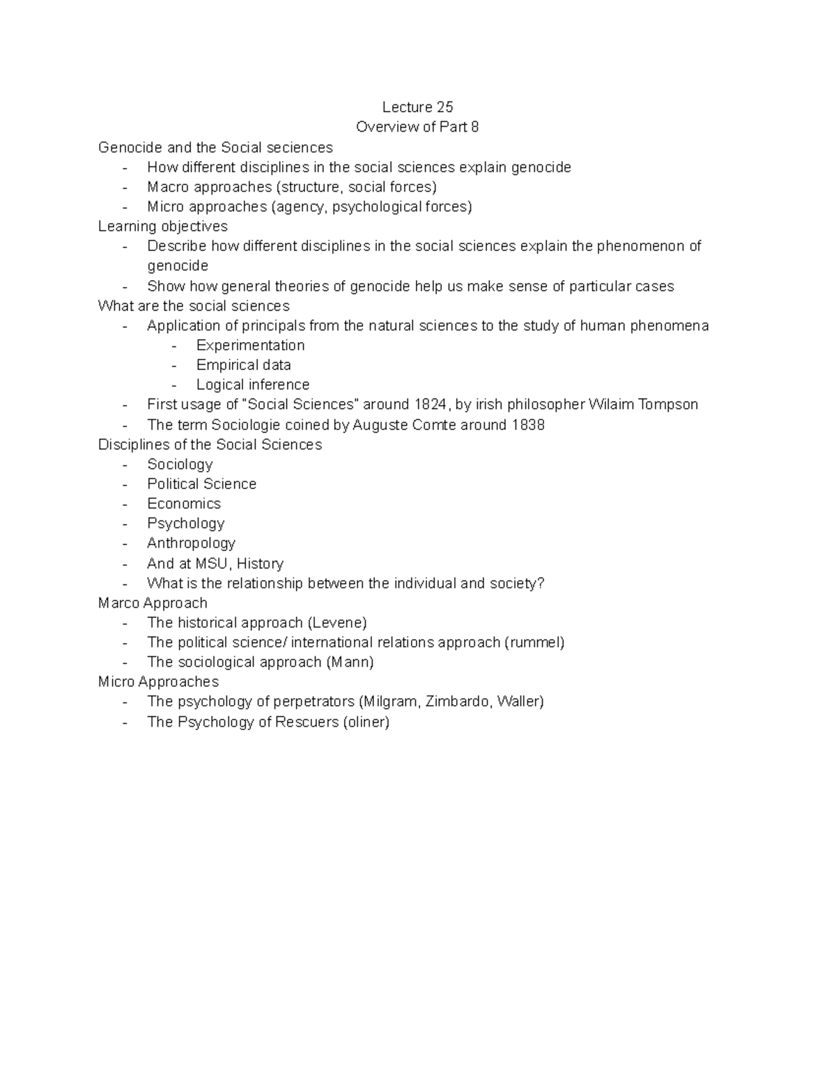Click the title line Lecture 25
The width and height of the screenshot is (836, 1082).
(x=417, y=107)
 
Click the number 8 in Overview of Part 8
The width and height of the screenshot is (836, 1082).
(x=475, y=127)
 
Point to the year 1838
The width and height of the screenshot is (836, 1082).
(x=527, y=424)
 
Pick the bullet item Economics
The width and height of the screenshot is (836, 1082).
(x=184, y=504)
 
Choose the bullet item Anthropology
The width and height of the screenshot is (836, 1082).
(x=191, y=543)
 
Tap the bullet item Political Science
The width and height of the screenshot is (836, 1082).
(x=201, y=484)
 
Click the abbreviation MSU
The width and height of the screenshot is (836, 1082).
(x=211, y=563)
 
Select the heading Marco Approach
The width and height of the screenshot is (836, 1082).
(x=153, y=603)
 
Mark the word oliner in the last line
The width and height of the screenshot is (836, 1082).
(x=366, y=722)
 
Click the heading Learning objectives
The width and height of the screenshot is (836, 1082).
(x=163, y=226)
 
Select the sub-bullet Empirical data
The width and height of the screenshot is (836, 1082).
(x=243, y=365)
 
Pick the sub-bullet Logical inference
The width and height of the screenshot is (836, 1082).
(x=252, y=385)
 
